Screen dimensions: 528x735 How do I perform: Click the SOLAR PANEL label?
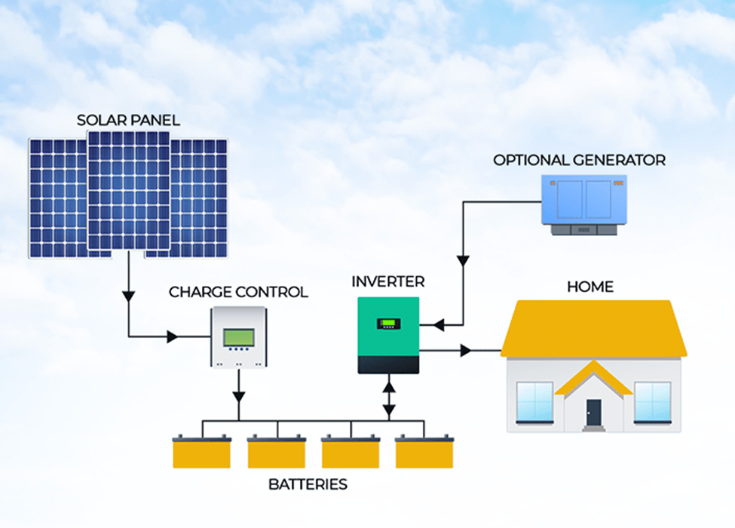tap(129, 120)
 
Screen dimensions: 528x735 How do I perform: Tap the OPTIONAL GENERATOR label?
tap(579, 160)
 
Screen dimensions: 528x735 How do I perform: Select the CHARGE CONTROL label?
tap(238, 292)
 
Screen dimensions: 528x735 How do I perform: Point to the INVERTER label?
tap(388, 282)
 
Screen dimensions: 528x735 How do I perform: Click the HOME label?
tap(590, 287)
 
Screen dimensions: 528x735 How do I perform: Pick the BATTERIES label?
tap(308, 484)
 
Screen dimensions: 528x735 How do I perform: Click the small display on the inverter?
tap(388, 324)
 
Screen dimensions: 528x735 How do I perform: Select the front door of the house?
tap(593, 413)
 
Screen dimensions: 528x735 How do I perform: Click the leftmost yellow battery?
tap(202, 452)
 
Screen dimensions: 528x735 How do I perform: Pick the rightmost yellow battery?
tap(424, 452)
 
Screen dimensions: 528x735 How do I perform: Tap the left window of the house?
tap(535, 401)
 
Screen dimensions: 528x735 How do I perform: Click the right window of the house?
tap(652, 401)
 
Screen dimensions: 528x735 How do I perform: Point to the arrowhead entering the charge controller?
tap(173, 336)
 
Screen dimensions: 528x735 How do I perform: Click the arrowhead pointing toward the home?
tap(466, 351)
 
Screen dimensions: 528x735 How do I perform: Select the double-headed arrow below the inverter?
tap(388, 398)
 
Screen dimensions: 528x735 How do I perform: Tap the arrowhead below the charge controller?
tap(239, 395)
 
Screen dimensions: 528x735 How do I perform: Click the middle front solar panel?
tap(128, 190)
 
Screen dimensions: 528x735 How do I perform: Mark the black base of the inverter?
tap(388, 365)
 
